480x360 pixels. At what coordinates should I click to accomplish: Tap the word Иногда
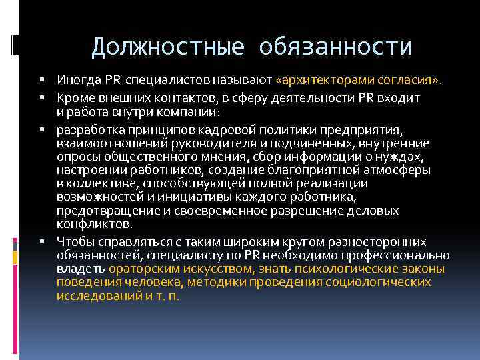pos(77,80)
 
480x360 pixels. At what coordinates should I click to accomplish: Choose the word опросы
pos(76,156)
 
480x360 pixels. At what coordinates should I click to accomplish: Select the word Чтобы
pos(73,241)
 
